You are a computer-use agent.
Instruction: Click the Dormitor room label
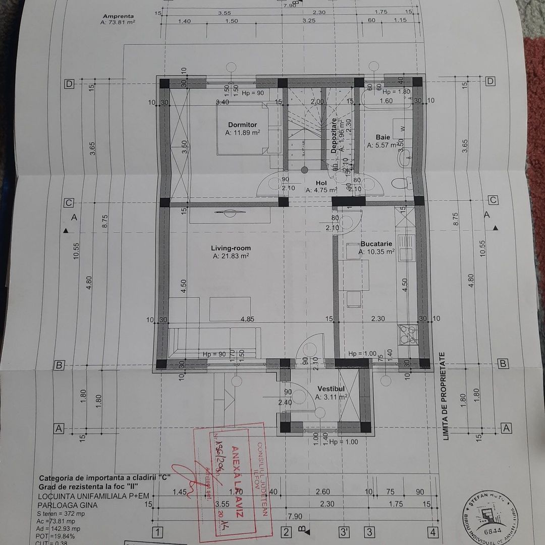tap(242, 125)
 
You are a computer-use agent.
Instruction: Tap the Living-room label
tap(231, 248)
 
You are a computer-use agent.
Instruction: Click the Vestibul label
tap(331, 389)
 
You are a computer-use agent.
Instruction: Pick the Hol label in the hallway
tap(321, 183)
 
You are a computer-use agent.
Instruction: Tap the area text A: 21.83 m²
tap(231, 256)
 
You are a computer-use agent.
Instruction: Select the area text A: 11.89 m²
tap(242, 133)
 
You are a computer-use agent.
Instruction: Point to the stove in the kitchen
tap(407, 333)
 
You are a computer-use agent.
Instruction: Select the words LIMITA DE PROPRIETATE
tap(446, 397)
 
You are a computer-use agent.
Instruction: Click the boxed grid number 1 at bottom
tap(157, 532)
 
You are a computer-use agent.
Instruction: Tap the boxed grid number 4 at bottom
tap(432, 532)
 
